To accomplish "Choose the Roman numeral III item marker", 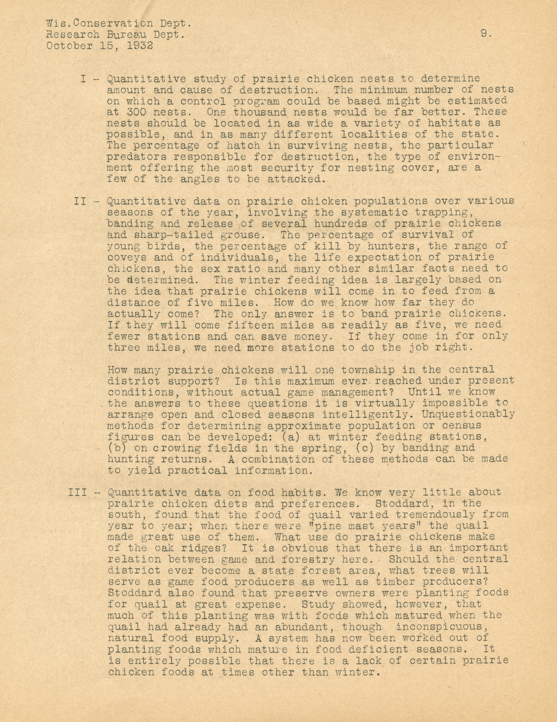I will tap(77, 492).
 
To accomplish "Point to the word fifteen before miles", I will tap(250, 325).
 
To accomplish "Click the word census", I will tap(462, 426).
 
